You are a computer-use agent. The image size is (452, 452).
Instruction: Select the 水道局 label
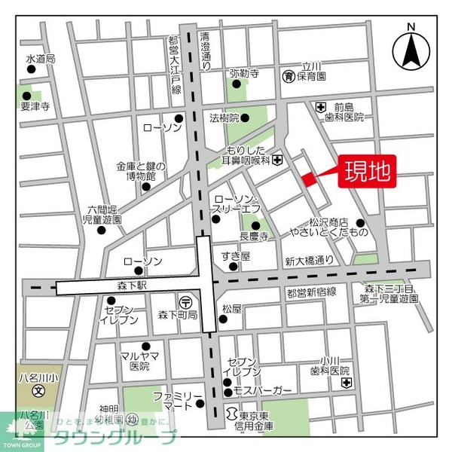coord(40,58)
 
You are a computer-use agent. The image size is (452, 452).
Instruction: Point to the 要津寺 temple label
coord(35,107)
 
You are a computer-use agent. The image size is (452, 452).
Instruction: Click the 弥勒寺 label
coord(244,73)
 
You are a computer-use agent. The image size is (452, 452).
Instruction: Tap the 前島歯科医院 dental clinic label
coord(349,111)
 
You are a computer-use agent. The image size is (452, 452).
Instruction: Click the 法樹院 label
coord(224,118)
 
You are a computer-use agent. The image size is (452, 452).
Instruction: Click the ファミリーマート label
coord(178,401)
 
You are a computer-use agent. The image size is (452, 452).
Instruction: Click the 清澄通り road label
coord(204,53)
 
